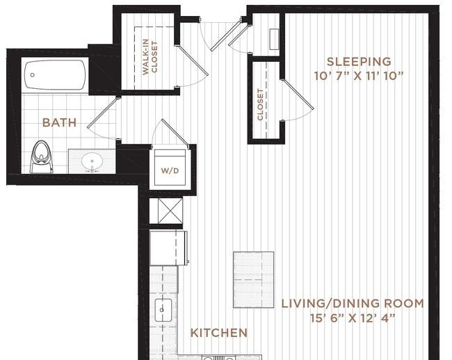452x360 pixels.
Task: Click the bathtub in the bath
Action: tap(55, 75)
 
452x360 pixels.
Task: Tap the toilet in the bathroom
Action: tap(41, 156)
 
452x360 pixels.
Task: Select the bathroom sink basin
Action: tap(92, 162)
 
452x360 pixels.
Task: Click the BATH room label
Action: tap(59, 123)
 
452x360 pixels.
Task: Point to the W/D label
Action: tap(169, 170)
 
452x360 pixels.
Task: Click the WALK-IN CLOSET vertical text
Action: tap(150, 56)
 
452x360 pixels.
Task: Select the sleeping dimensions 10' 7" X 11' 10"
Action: tap(359, 75)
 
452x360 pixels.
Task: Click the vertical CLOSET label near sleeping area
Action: tap(261, 104)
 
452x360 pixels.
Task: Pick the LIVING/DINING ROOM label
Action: tap(353, 304)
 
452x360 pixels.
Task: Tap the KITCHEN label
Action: tap(219, 333)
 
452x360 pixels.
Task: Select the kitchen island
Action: tap(253, 279)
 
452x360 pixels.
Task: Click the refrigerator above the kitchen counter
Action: tap(168, 248)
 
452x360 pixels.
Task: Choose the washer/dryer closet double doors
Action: tap(170, 133)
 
